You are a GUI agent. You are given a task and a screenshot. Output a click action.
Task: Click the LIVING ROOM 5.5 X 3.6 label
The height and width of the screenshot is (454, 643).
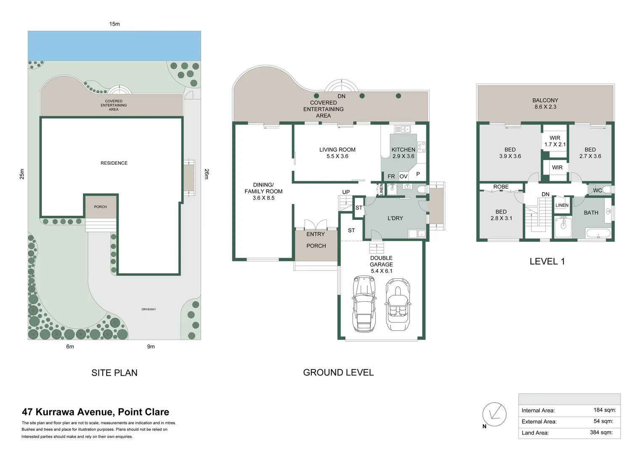pyautogui.click(x=337, y=153)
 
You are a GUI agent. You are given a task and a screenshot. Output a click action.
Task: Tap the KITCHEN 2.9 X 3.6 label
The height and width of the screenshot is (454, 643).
pyautogui.click(x=403, y=153)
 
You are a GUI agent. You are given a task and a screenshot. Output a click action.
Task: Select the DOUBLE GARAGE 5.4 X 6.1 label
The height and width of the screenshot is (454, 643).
pyautogui.click(x=381, y=264)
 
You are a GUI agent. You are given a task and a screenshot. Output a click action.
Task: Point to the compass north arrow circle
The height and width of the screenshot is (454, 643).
pyautogui.click(x=494, y=414)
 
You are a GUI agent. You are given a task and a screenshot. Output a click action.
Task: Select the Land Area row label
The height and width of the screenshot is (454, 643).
pyautogui.click(x=535, y=433)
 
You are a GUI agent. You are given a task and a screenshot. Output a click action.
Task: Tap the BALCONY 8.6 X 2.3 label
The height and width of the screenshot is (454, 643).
pyautogui.click(x=545, y=103)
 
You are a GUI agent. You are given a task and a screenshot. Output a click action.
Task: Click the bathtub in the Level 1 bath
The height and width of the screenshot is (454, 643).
pyautogui.click(x=598, y=234)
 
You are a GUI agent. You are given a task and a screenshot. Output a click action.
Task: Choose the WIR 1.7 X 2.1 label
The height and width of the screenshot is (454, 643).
pyautogui.click(x=555, y=141)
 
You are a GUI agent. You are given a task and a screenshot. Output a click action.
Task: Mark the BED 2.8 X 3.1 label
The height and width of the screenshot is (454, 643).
pyautogui.click(x=501, y=215)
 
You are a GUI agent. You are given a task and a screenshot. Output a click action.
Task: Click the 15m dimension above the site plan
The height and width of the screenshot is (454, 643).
pyautogui.click(x=114, y=24)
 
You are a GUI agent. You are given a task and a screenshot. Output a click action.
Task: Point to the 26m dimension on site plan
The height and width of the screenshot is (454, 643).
pyautogui.click(x=207, y=174)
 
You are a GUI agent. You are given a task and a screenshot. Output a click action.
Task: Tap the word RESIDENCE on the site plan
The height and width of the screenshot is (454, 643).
pyautogui.click(x=114, y=163)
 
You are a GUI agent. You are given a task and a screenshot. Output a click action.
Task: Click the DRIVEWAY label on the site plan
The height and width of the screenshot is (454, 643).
pyautogui.click(x=149, y=309)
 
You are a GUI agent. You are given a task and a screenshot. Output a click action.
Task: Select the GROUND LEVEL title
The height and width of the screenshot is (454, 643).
pyautogui.click(x=338, y=372)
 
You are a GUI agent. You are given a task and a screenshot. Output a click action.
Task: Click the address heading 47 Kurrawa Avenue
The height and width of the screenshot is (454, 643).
pyautogui.click(x=96, y=412)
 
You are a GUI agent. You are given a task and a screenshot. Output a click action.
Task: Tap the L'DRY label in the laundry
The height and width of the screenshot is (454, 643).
pyautogui.click(x=395, y=218)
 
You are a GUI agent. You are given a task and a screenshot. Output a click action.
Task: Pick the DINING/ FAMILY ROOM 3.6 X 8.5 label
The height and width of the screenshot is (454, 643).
pyautogui.click(x=263, y=191)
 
